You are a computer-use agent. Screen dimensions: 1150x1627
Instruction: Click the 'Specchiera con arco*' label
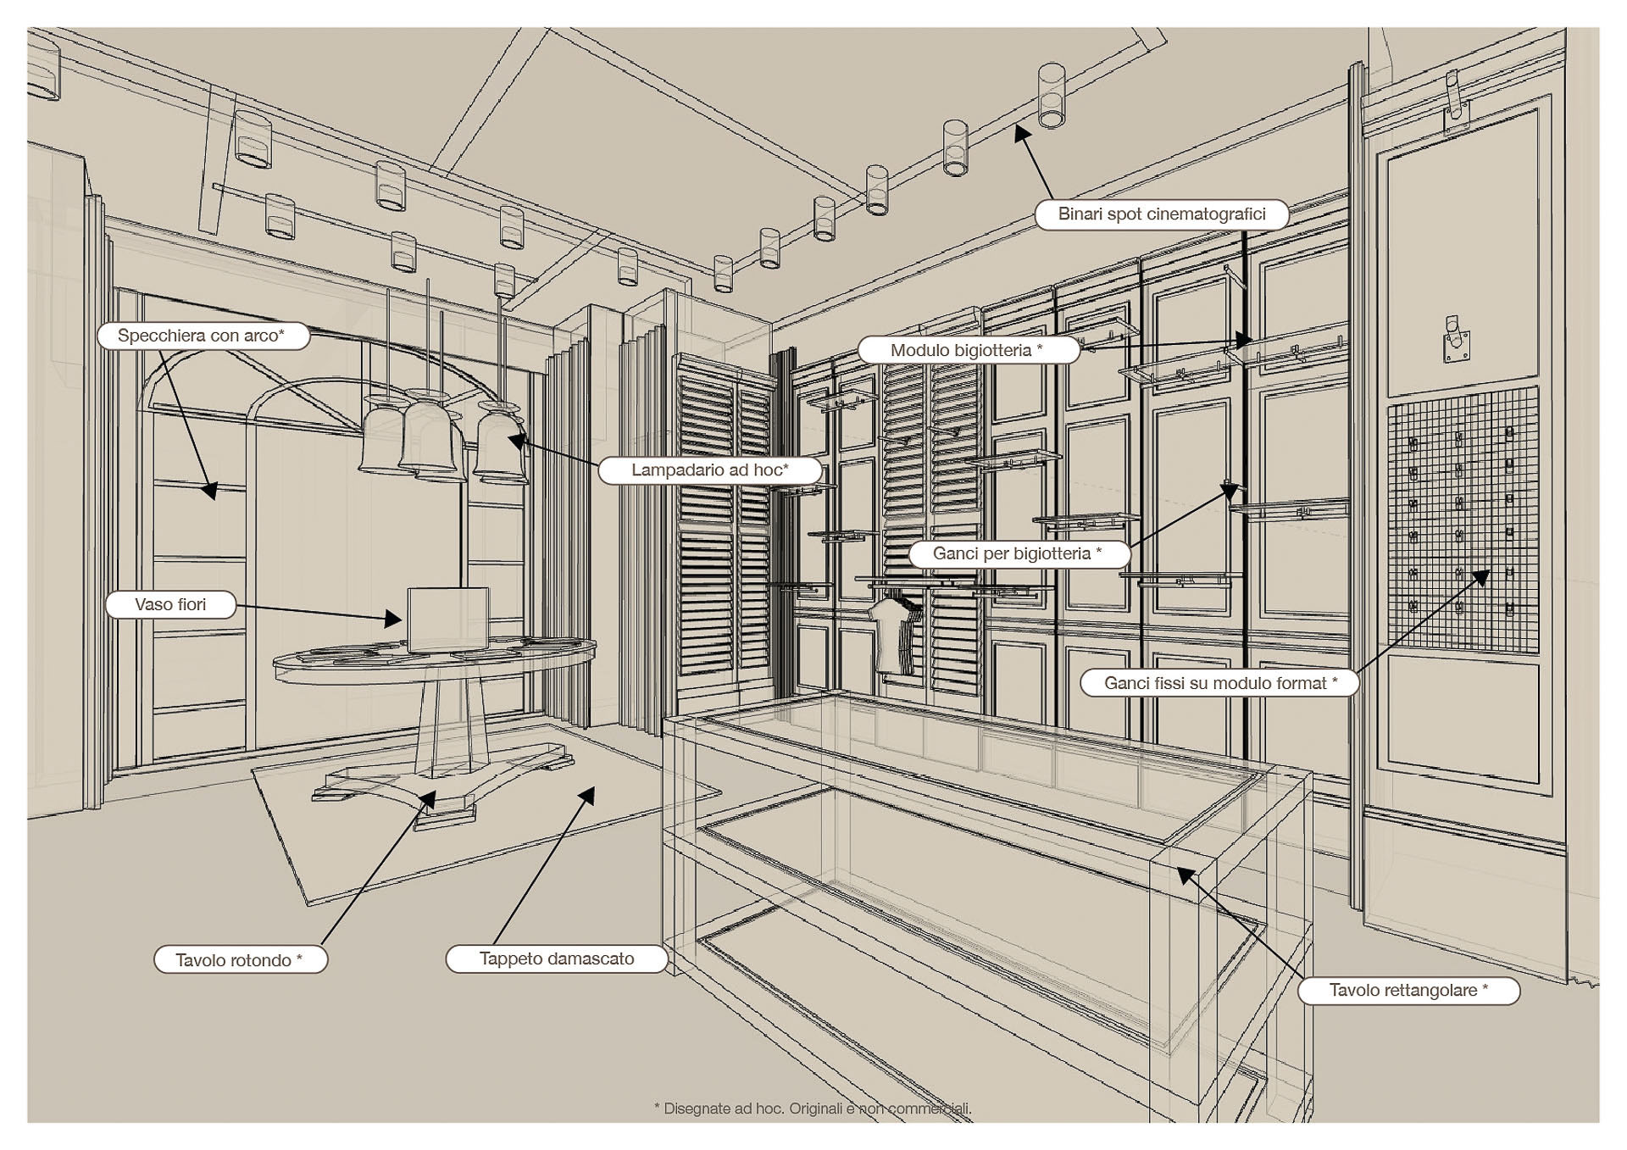[202, 336]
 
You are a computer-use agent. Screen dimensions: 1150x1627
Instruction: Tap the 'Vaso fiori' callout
[170, 604]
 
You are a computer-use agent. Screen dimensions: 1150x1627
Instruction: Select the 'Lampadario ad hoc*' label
[709, 469]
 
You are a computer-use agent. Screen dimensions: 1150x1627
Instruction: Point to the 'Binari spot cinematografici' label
[1161, 214]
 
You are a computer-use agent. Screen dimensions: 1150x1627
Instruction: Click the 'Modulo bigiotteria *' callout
[967, 350]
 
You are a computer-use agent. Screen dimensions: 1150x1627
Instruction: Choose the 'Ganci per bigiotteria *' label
[1017, 553]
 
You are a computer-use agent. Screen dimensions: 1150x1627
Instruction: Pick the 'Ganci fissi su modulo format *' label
[1219, 683]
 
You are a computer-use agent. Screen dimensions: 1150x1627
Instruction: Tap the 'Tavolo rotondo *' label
[239, 959]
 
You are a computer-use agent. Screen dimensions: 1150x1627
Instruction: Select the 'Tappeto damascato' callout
[557, 958]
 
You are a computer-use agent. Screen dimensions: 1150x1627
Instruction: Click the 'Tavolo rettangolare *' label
[1408, 990]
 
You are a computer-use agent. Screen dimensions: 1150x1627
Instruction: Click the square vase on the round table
[447, 619]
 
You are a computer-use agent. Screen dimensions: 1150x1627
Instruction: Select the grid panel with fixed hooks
[1462, 519]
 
